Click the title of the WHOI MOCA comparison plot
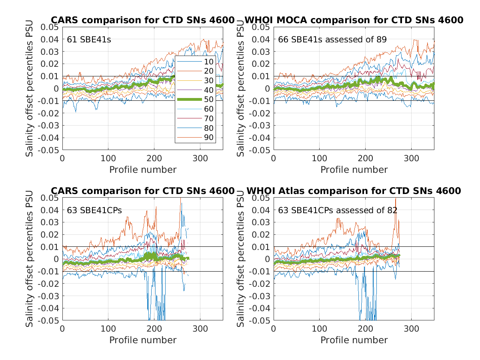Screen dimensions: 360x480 354,20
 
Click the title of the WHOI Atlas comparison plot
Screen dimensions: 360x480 353,191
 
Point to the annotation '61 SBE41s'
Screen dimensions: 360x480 89,40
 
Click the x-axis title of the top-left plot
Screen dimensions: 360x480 143,170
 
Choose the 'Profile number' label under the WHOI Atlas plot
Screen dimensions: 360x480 354,340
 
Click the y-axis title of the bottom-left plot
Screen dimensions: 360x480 30,259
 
